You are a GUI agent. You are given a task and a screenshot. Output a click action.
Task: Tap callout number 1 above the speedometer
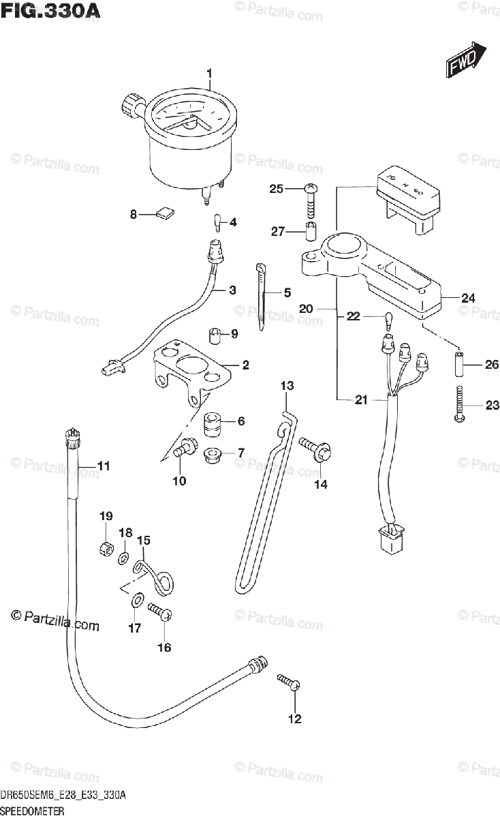210,74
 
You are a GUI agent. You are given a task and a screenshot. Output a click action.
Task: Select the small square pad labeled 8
164,214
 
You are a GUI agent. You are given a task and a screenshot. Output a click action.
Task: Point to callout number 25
275,189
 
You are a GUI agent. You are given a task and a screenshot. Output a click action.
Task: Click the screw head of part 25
311,189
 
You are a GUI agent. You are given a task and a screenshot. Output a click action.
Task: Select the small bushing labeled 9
215,335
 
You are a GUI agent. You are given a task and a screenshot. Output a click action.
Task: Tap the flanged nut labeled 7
212,453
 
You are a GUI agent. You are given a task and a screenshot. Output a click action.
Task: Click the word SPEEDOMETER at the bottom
33,811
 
